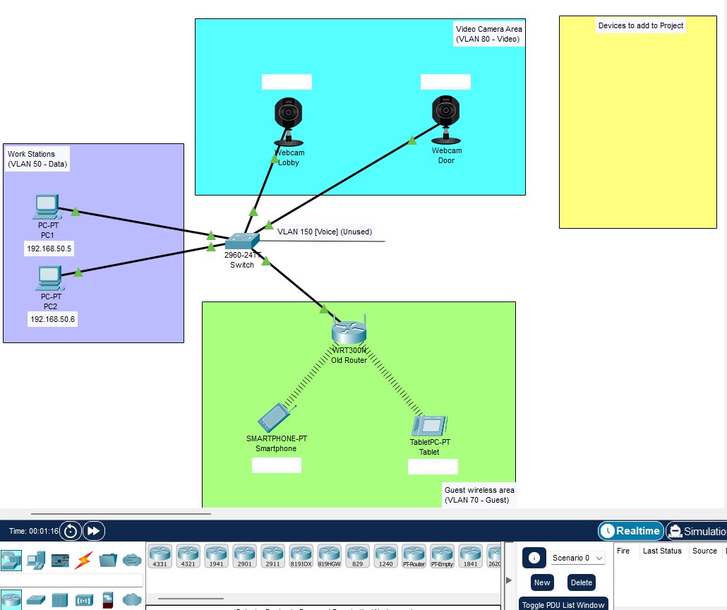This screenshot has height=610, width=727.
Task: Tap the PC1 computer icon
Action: point(47,207)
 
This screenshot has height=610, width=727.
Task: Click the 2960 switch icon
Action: point(242,242)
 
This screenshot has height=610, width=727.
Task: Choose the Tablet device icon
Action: point(430,425)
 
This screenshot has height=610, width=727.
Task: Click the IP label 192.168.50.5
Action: point(49,249)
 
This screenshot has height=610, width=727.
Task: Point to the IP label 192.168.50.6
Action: point(52,319)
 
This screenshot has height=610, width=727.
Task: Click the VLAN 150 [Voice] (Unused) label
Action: point(324,232)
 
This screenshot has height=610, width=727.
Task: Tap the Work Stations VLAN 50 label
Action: point(38,159)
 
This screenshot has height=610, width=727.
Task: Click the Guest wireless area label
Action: point(479,495)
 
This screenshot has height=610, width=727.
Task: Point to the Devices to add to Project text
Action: point(640,25)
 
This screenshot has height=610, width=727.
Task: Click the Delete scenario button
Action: point(582,582)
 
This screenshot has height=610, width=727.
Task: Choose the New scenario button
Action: point(542,582)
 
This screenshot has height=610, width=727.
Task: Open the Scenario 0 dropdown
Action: point(578,558)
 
